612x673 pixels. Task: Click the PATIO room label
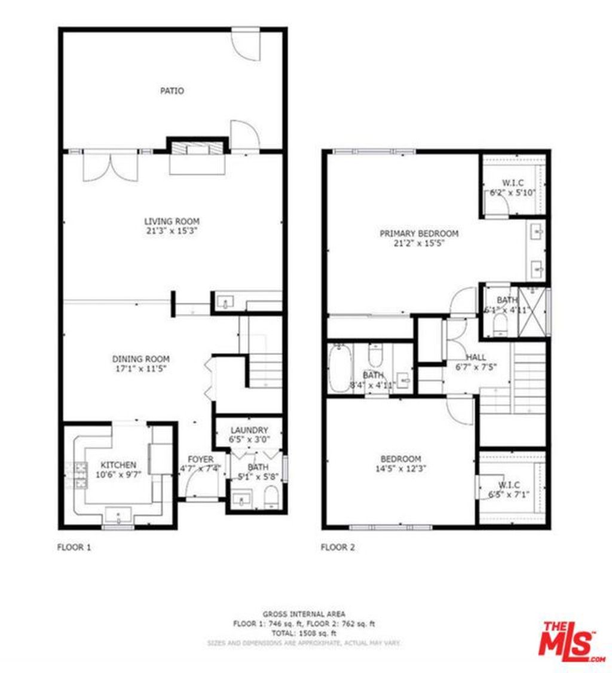pos(172,91)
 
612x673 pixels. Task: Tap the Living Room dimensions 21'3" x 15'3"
pos(172,230)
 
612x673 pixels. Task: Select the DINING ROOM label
pos(141,359)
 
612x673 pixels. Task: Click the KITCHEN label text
pos(118,465)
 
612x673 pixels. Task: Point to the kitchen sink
pos(118,515)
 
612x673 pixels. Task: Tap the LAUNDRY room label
pos(249,430)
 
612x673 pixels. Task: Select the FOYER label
pos(200,459)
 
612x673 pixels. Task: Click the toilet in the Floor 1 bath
pos(271,496)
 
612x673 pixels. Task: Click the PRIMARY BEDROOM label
pos(419,233)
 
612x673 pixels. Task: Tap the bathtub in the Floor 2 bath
pos(341,369)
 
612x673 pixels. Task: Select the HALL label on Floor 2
pos(476,357)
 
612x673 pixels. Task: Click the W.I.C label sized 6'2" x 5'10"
pos(513,183)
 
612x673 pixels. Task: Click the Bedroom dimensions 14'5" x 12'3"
pos(401,469)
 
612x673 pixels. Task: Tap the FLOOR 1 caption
pos(74,547)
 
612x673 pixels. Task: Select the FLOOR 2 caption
pos(338,547)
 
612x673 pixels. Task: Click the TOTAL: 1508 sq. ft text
pos(304,633)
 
